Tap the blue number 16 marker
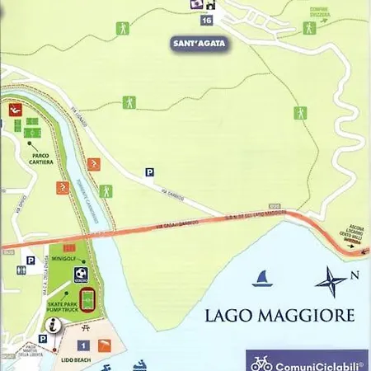click(x=205, y=20)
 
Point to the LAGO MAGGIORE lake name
click(x=279, y=315)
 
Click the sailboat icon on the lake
click(x=263, y=279)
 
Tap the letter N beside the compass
click(x=355, y=275)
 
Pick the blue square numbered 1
click(x=84, y=345)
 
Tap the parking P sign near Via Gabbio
click(x=149, y=172)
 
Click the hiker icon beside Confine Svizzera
click(x=309, y=28)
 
